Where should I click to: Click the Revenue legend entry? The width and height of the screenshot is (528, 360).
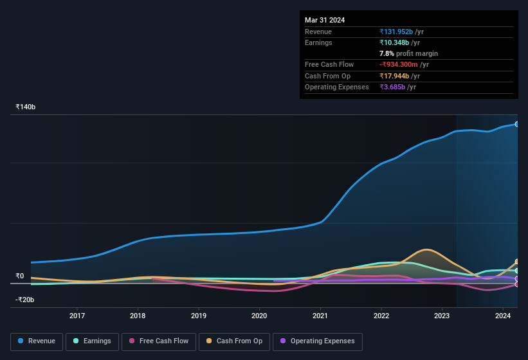click(37, 341)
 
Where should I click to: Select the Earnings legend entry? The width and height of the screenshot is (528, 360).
click(92, 341)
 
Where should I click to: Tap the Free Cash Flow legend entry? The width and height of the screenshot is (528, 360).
click(159, 341)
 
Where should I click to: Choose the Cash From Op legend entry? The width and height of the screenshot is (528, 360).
click(234, 341)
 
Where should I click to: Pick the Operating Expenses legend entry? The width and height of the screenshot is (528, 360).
click(317, 341)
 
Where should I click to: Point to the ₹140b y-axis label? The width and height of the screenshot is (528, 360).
click(26, 107)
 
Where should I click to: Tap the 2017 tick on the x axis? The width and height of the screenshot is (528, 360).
click(77, 316)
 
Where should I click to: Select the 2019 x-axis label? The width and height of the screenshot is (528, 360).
click(199, 316)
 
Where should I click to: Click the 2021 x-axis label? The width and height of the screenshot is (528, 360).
click(320, 316)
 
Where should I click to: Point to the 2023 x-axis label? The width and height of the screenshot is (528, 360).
click(442, 316)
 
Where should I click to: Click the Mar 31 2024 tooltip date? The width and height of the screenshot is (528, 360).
click(325, 20)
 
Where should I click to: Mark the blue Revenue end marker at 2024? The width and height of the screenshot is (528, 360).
click(517, 124)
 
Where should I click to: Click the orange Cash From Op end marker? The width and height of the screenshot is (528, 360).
click(517, 262)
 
